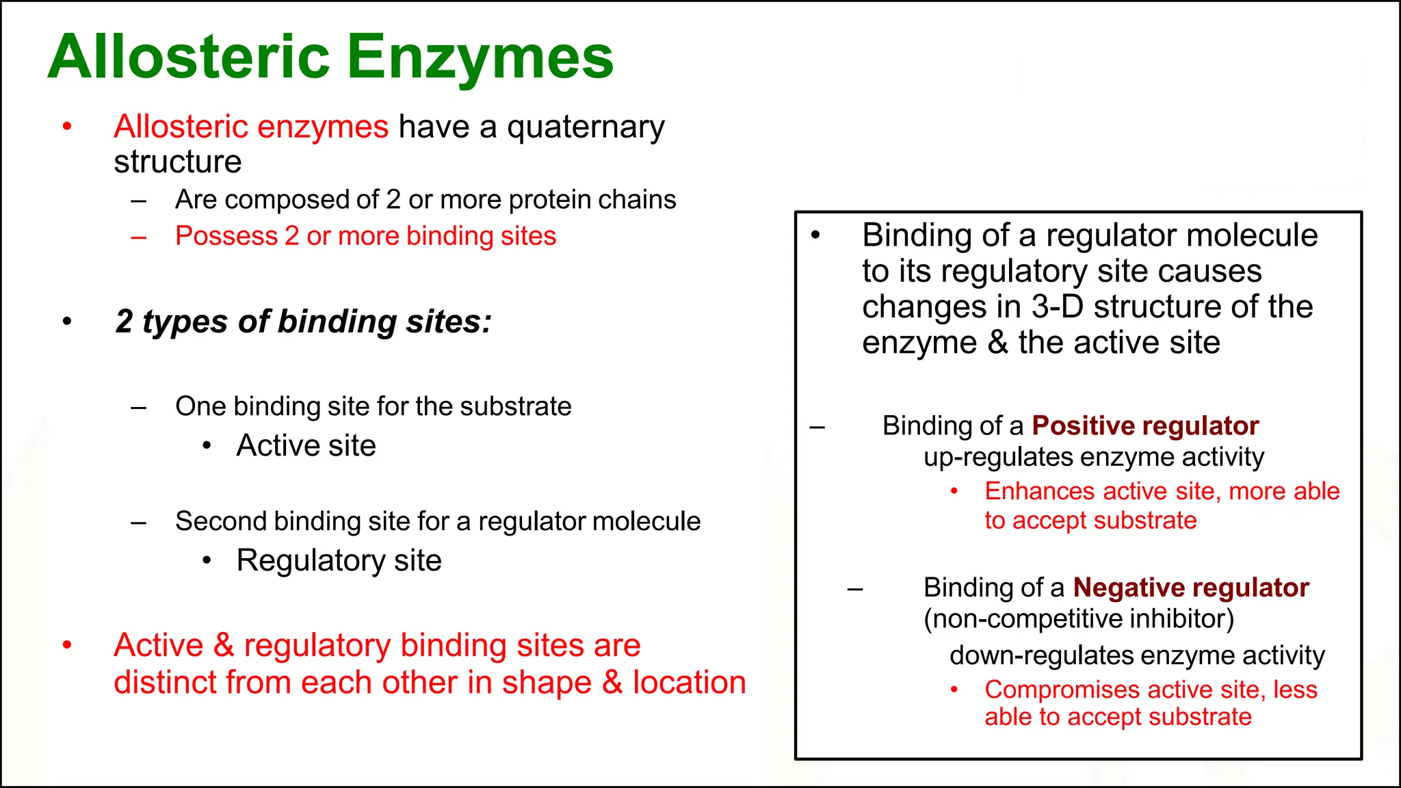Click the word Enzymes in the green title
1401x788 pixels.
pyautogui.click(x=480, y=57)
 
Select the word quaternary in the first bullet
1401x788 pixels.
pyautogui.click(x=586, y=128)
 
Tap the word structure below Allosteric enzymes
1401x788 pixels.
pyautogui.click(x=177, y=162)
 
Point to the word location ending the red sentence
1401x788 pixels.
pyautogui.click(x=689, y=683)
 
